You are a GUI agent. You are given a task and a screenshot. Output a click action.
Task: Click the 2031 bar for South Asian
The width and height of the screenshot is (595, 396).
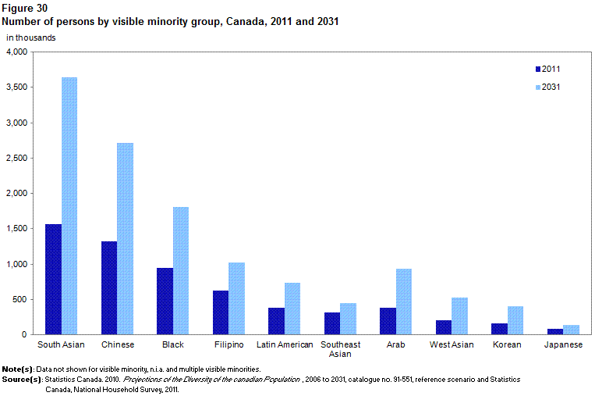tap(69, 206)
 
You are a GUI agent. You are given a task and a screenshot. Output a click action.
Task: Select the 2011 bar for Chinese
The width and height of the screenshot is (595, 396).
tap(109, 288)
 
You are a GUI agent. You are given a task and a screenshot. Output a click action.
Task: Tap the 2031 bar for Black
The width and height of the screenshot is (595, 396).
tap(181, 271)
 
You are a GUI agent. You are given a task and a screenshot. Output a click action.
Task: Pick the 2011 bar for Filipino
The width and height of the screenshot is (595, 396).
tap(221, 312)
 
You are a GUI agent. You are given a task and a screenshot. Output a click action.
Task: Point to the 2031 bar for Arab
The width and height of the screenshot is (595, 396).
tap(404, 301)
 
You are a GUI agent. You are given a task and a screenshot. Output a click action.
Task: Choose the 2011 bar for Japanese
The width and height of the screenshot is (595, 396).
tap(555, 332)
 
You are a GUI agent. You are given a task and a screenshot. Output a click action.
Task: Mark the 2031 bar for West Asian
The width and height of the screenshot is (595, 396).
tap(459, 316)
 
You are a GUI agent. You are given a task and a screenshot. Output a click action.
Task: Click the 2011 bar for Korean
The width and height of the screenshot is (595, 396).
tap(499, 329)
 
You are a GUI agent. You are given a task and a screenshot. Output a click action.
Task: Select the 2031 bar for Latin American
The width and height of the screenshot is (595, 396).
tap(292, 309)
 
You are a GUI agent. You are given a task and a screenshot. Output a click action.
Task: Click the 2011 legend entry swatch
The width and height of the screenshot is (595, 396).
tap(538, 70)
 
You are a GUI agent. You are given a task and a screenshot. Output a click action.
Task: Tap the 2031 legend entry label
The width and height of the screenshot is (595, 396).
tap(551, 87)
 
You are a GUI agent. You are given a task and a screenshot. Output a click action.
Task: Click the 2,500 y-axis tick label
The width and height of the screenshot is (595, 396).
tap(17, 158)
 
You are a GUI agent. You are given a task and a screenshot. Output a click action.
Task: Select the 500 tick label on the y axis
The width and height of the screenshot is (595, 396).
tap(20, 299)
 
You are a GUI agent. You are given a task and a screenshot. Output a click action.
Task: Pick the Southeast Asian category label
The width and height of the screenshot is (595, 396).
tap(340, 349)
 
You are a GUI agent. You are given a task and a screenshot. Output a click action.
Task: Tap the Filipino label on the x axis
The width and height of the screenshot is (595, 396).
tap(228, 344)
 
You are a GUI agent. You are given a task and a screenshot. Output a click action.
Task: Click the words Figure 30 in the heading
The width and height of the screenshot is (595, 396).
tap(25, 9)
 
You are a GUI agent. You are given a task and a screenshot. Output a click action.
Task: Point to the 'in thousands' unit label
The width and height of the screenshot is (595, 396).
tap(30, 38)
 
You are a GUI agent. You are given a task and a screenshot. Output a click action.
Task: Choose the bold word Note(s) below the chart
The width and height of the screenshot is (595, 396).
tap(18, 369)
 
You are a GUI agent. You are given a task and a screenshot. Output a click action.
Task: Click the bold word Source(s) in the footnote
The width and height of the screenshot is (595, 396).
tap(22, 380)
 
